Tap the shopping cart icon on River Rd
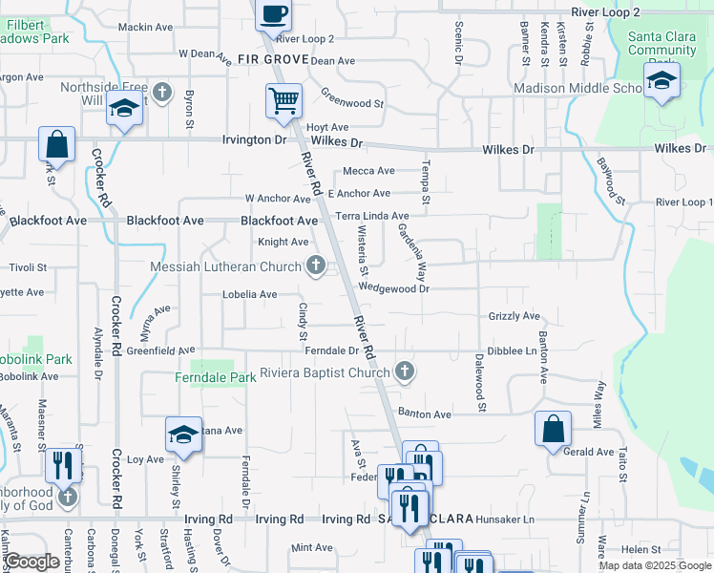[283, 100]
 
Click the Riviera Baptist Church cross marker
[405, 371]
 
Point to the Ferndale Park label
[216, 378]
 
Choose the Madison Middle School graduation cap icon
[660, 82]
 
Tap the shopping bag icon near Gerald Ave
[553, 430]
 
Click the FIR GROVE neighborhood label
[273, 59]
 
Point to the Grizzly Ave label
[514, 316]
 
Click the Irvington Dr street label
[254, 140]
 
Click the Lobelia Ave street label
[250, 295]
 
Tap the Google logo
[31, 562]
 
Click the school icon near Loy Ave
[184, 435]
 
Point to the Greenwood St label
[351, 99]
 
